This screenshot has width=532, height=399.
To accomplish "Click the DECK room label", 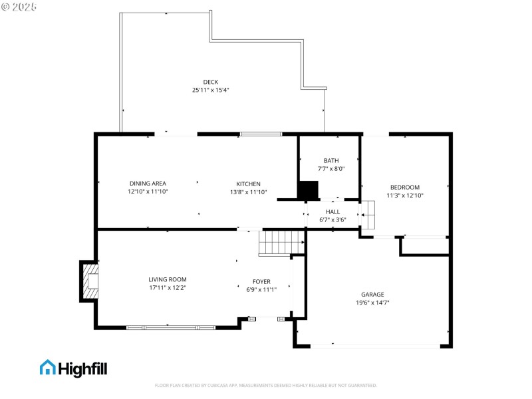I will (x=210, y=82).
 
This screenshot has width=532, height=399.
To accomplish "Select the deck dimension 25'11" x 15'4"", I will (x=210, y=90).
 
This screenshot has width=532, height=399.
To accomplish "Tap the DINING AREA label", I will (x=148, y=184).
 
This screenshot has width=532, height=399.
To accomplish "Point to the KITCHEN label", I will (x=248, y=184).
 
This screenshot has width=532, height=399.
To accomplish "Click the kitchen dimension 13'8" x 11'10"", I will (x=248, y=192).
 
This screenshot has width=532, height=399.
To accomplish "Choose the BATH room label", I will (x=331, y=160).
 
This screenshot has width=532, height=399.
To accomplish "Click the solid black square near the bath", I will (x=308, y=190).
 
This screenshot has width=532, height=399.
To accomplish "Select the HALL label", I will (x=332, y=211).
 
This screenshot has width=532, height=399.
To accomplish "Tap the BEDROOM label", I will (x=405, y=188).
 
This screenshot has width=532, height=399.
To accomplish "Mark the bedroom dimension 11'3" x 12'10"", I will (x=405, y=196).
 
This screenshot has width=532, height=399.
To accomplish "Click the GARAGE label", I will (x=372, y=294).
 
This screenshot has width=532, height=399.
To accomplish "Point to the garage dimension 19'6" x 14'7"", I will (x=372, y=303).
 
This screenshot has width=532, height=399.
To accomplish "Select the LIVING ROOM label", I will (x=168, y=279).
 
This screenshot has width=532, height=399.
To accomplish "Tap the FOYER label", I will (x=261, y=281).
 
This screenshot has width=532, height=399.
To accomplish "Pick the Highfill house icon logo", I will (x=47, y=367).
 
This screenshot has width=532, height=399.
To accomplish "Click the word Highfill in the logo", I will (x=82, y=368).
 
